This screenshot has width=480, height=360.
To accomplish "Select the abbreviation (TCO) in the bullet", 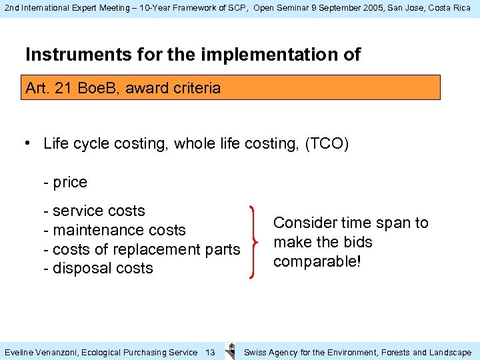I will click(x=326, y=143).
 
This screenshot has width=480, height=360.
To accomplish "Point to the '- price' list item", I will click(x=65, y=182).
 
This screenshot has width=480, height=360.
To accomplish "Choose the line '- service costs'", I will click(x=93, y=211).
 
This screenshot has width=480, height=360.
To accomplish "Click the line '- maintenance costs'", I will click(x=114, y=230).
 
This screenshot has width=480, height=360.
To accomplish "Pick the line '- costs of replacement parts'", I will click(x=141, y=249).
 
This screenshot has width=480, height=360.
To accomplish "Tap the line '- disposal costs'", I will click(x=98, y=268).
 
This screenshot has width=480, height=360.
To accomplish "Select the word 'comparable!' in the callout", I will click(x=317, y=261).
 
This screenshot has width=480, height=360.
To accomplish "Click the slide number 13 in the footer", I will click(x=210, y=352).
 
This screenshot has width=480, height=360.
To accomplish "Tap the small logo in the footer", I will click(x=230, y=351).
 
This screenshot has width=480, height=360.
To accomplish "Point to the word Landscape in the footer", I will click(x=450, y=352).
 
